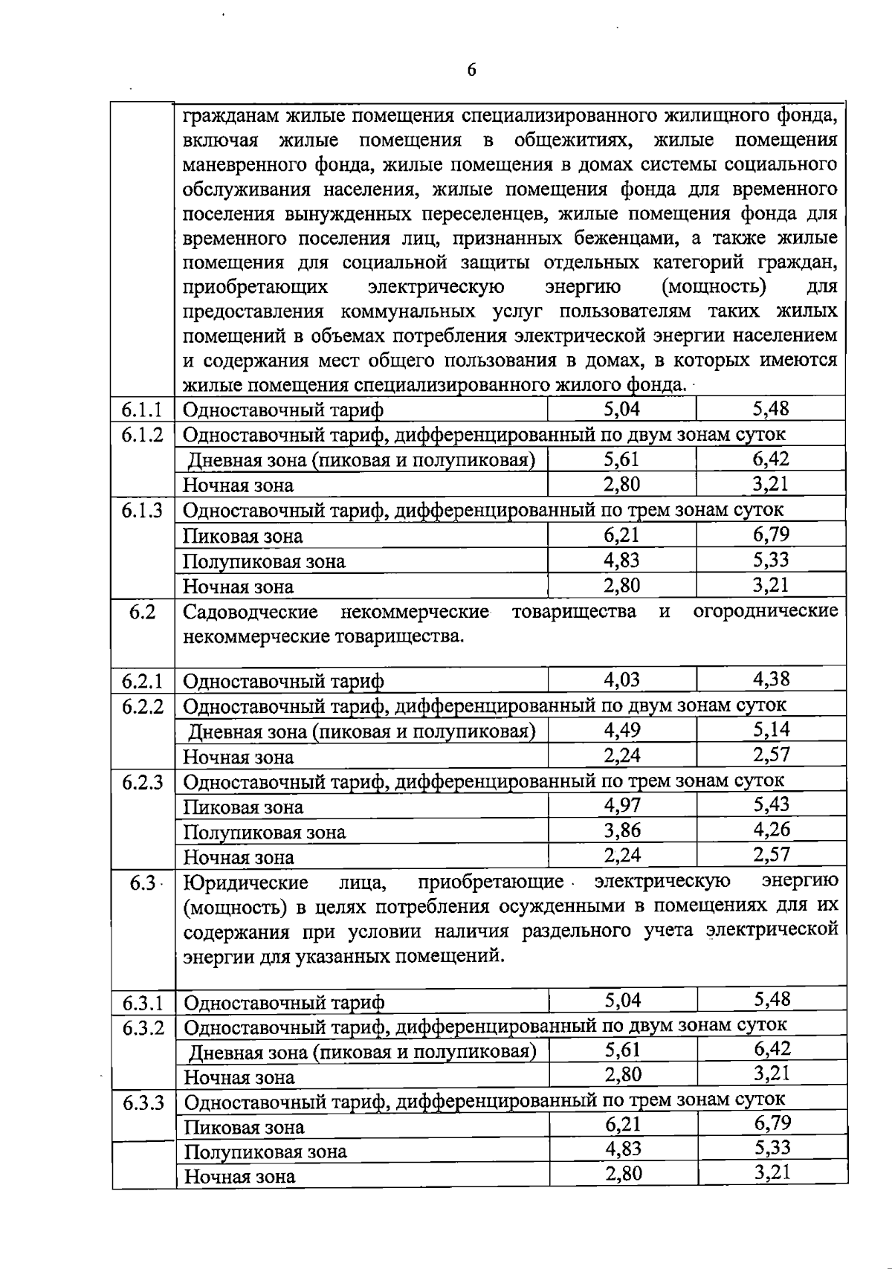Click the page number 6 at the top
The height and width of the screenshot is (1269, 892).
[x=471, y=71]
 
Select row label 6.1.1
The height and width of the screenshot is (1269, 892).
[x=141, y=410]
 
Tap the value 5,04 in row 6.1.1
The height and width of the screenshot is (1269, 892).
[x=621, y=409]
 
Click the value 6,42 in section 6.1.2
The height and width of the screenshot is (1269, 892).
[x=771, y=459]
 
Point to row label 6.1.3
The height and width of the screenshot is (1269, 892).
[x=141, y=511]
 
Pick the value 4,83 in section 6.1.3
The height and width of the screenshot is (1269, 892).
[x=621, y=560]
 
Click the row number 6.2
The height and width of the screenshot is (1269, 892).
[x=141, y=612]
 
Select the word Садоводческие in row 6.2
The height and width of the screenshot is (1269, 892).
[x=251, y=612]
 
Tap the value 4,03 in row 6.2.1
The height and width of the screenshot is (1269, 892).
[x=621, y=679]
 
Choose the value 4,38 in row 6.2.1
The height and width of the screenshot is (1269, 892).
[x=771, y=679]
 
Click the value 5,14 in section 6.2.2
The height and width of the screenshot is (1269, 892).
[x=771, y=729]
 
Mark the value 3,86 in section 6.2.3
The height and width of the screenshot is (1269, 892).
[x=622, y=830]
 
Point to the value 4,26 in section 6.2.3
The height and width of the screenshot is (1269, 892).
[x=772, y=830]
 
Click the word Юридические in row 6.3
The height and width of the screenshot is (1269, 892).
[x=246, y=882]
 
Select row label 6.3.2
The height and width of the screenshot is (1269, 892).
[x=143, y=1028]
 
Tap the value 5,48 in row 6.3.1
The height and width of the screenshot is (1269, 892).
[x=772, y=1000]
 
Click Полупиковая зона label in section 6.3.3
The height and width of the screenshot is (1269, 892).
[x=265, y=1152]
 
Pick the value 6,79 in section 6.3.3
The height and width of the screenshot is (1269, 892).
[x=772, y=1123]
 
